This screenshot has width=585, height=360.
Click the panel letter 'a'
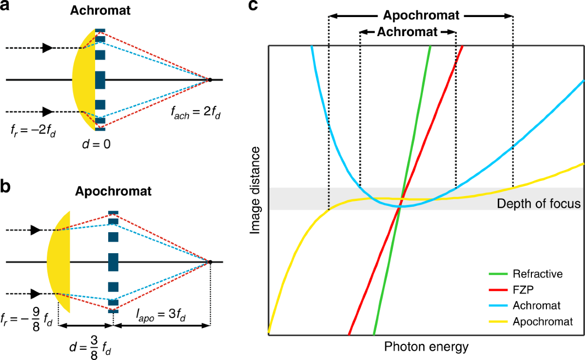point(5,6)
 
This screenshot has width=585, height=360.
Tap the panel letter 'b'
point(5,186)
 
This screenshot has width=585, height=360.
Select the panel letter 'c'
point(253,6)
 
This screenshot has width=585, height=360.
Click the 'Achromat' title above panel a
point(100,10)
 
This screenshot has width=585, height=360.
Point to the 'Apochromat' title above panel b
point(113,191)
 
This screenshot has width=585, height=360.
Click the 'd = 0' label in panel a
point(97,144)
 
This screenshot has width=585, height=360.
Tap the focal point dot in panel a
point(210,80)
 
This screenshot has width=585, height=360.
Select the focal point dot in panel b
point(210,262)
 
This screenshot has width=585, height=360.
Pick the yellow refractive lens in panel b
point(59,262)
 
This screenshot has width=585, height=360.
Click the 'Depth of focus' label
point(539,203)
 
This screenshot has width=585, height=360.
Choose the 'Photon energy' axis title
point(426,347)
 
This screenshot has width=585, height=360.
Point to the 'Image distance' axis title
point(255,190)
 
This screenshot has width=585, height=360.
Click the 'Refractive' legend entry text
point(538,274)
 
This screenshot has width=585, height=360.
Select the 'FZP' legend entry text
point(523,290)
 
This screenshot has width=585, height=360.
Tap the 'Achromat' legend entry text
point(537,305)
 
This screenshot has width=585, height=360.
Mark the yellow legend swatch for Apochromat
point(498,321)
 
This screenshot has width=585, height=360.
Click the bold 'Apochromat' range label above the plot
point(421,16)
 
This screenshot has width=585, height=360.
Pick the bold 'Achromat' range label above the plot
point(407,32)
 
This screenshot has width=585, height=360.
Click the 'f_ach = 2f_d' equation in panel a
point(195,112)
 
